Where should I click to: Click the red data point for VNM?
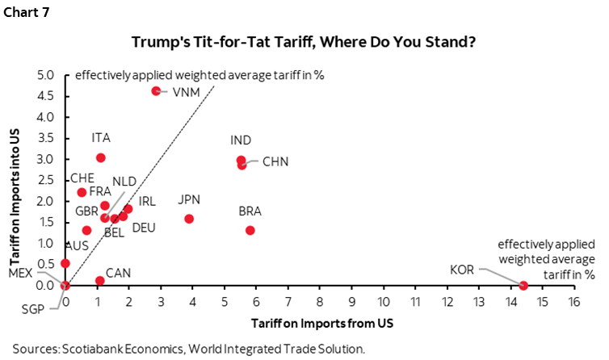pyautogui.click(x=156, y=91)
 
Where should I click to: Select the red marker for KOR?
pyautogui.click(x=523, y=285)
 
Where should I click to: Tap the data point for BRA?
pyautogui.click(x=250, y=230)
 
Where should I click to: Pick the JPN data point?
pyautogui.click(x=189, y=219)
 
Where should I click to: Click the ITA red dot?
pyautogui.click(x=100, y=157)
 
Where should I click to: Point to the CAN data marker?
pyautogui.click(x=99, y=281)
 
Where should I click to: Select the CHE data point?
pyautogui.click(x=81, y=192)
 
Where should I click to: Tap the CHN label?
pyautogui.click(x=275, y=162)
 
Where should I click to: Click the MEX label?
pyautogui.click(x=19, y=273)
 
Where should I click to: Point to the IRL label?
pyautogui.click(x=147, y=200)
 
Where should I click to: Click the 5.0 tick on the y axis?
pyautogui.click(x=45, y=75)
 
